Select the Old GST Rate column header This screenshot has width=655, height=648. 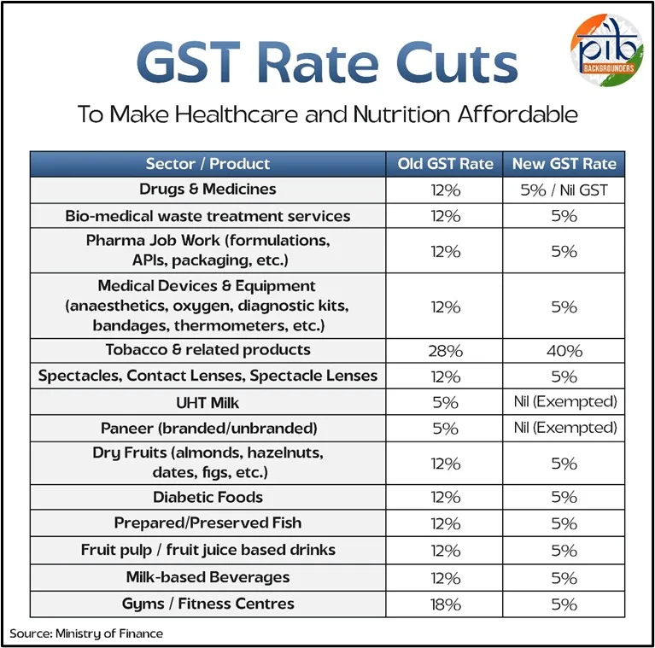point(445,164)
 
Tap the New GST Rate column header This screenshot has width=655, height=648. point(564,164)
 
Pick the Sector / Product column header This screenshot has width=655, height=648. point(208,164)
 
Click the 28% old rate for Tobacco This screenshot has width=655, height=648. point(445,351)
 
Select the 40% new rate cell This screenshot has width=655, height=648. point(564,351)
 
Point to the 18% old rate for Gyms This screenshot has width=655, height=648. point(445,604)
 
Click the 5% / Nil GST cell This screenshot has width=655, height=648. point(564,190)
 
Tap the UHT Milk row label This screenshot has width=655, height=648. point(208,402)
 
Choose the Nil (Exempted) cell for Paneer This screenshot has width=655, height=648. point(564,428)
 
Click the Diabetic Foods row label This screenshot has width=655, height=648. point(208,497)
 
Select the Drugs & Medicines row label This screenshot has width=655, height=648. point(208,190)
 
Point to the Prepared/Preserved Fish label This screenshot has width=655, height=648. point(208,522)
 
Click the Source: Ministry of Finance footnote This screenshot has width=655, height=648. point(86,633)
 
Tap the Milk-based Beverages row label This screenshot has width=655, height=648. point(208,577)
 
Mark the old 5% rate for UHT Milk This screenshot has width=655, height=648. point(445,402)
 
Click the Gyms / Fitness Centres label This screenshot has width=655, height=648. point(208,604)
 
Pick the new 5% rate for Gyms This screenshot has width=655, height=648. point(564,604)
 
